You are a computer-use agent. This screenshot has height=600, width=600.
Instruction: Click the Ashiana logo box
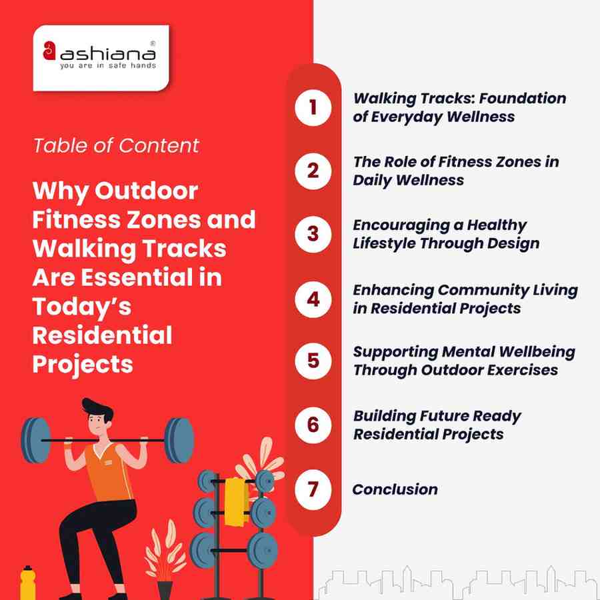[101, 57]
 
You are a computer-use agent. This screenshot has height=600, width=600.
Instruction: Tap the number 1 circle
[313, 107]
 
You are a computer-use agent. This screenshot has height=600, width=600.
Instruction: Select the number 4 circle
[313, 299]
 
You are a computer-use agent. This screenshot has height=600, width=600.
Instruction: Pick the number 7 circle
[313, 489]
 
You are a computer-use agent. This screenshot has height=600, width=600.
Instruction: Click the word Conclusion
[395, 489]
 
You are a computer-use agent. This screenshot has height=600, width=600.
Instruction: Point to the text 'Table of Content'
[116, 145]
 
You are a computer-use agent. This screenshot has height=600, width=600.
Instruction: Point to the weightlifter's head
[98, 415]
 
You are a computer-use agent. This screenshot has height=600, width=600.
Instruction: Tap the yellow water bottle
[27, 583]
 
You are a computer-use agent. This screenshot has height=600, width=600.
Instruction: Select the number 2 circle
[313, 171]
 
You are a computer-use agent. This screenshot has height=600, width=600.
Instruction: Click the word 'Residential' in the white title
[102, 335]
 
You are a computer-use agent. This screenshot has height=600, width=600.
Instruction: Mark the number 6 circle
[313, 425]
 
